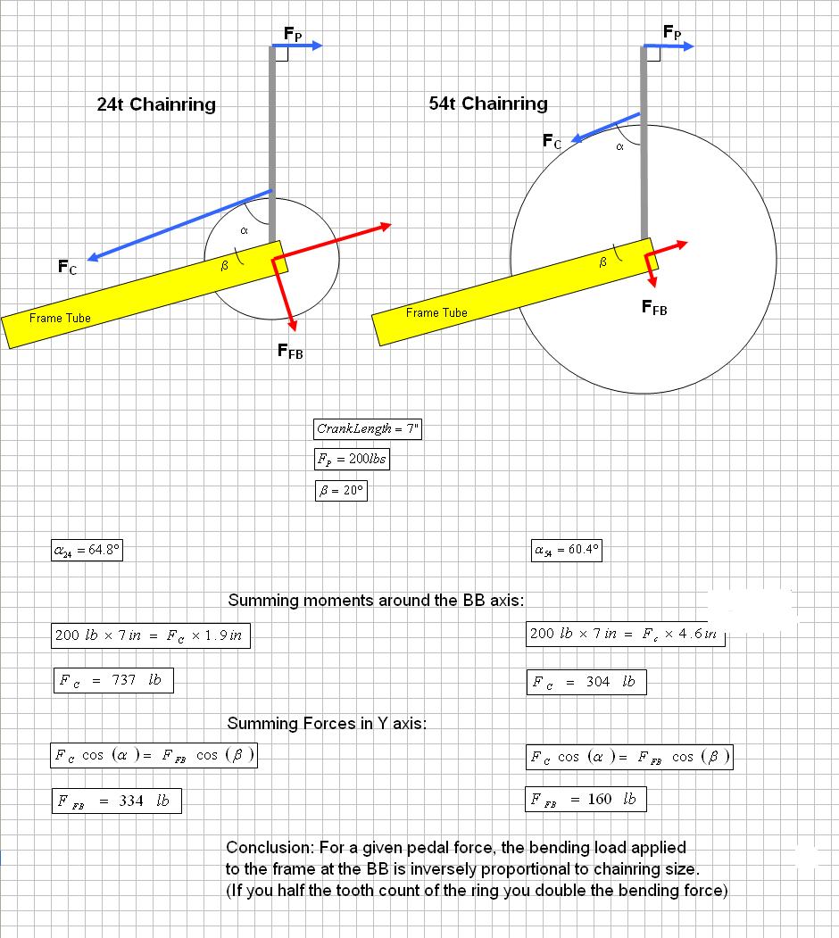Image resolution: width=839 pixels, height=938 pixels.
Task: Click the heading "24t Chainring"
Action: coord(156,104)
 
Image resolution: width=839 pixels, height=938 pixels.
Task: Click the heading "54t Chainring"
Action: coord(488,104)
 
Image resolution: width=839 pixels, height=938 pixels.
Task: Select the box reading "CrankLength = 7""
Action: coord(367,428)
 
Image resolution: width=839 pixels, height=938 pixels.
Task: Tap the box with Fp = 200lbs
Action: coord(352,460)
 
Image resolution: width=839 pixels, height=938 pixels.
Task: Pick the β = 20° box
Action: coord(342,490)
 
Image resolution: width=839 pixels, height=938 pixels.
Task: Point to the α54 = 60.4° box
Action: coord(566,550)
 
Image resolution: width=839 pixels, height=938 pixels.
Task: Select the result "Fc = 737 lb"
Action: coord(112,681)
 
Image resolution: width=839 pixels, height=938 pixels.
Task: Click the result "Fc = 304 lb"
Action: coord(585,683)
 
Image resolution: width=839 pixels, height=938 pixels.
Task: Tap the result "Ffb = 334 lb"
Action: coord(116,801)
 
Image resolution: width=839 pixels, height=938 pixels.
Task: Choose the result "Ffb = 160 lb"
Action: coord(585,799)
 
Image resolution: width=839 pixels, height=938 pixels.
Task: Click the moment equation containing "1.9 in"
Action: coord(150,636)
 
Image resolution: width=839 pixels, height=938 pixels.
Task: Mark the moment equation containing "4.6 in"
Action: coord(625,635)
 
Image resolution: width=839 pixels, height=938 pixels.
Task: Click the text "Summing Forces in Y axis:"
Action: coord(327,723)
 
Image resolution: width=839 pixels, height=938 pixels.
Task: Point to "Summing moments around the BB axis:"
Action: coord(376,600)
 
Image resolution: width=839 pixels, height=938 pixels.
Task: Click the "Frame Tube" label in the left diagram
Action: coord(60,319)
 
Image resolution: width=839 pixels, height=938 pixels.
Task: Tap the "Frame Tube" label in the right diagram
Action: coord(436,312)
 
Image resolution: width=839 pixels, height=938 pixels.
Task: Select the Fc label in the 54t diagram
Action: coord(552,141)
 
